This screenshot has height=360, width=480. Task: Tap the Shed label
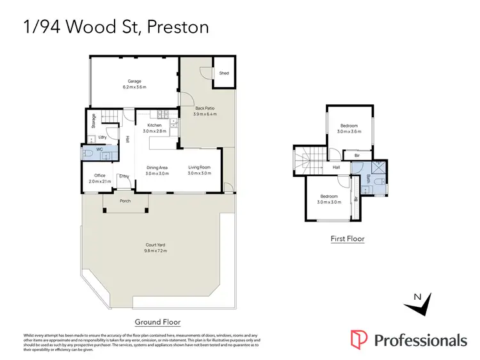[224, 73]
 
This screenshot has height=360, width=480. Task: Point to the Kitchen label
[154, 125]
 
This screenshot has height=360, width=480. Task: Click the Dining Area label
[157, 168]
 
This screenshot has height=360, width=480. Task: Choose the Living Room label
[199, 168]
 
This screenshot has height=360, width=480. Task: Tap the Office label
[99, 176]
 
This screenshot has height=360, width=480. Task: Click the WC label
[100, 150]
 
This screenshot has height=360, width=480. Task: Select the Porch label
[126, 201]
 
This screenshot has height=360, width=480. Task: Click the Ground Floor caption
[157, 322]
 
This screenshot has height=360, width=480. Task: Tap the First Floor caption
[348, 239]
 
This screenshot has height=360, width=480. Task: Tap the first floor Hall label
[336, 168]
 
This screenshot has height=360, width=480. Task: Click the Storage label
[93, 121]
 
